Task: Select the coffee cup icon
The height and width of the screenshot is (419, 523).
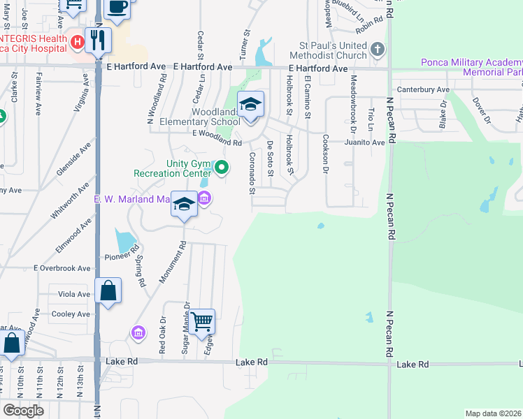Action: click(117, 8)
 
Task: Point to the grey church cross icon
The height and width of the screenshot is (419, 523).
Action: click(378, 50)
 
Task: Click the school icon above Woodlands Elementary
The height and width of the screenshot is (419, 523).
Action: click(250, 105)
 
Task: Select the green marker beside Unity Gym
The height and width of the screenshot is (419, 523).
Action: click(222, 167)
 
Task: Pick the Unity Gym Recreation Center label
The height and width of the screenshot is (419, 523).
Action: click(172, 168)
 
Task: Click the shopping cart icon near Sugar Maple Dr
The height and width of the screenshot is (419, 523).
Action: click(201, 321)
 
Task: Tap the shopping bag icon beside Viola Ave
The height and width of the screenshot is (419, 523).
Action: click(108, 291)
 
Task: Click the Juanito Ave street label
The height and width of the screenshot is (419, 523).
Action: click(364, 142)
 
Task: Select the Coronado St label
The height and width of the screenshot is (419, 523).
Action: click(252, 171)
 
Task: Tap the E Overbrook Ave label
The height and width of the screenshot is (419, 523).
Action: click(63, 268)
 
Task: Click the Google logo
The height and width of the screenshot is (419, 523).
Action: click(23, 411)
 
